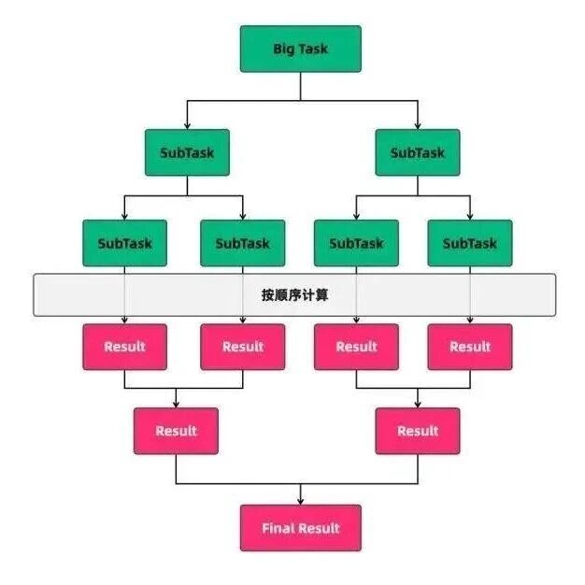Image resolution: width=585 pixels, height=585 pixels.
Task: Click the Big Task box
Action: [300, 49]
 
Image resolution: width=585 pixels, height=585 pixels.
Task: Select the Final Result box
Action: [300, 528]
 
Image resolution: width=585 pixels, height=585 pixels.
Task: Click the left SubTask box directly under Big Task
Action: [187, 152]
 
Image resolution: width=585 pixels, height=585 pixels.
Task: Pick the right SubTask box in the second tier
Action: [418, 152]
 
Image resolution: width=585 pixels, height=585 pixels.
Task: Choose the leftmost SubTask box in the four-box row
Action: [124, 243]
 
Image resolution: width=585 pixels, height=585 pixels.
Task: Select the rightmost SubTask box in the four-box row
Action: [469, 243]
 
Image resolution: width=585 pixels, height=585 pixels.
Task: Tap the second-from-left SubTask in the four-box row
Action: [242, 243]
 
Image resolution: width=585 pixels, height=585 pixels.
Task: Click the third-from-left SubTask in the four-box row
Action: [356, 243]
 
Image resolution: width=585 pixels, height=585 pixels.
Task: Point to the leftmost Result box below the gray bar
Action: [124, 347]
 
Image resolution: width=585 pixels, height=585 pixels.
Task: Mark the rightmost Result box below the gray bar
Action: [469, 347]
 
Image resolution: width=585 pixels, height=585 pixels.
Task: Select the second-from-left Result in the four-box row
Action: [242, 347]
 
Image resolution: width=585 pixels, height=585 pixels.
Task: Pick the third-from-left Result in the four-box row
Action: [356, 347]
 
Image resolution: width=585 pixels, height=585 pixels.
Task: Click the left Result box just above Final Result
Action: [176, 431]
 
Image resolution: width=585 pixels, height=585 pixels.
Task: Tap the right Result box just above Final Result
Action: [418, 431]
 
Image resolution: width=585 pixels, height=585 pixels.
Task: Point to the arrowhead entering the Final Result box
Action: [300, 501]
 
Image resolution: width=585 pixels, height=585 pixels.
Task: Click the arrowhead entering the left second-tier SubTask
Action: [187, 125]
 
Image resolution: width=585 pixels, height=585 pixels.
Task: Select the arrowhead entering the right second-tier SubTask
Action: [418, 125]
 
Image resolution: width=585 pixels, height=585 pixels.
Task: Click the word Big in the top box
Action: [283, 49]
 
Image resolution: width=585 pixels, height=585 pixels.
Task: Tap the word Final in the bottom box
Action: [278, 528]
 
